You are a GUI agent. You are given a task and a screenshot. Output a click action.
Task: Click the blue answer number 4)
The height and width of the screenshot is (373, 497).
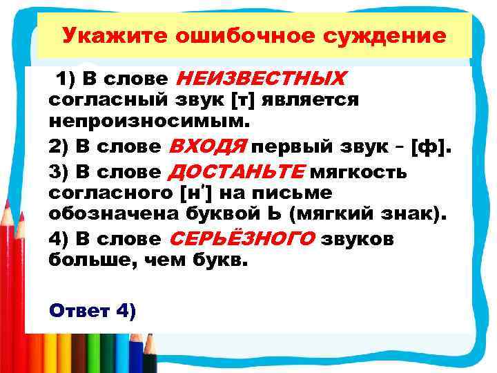click(x=127, y=311)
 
